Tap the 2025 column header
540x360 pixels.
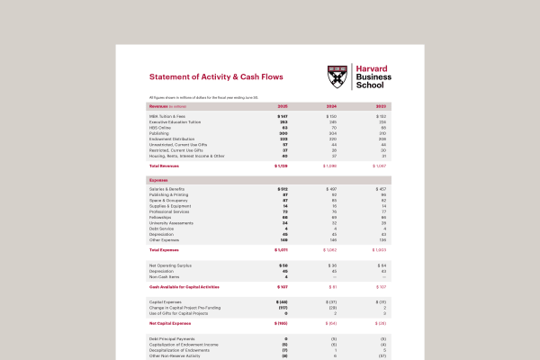(x=283, y=106)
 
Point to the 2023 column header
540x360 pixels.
(x=381, y=106)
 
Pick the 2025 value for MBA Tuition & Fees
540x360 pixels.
(x=282, y=117)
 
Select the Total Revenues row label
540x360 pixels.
(x=166, y=166)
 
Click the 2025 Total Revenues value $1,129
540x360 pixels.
(x=281, y=166)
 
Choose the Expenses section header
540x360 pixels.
(x=159, y=180)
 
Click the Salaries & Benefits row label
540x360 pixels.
(x=171, y=189)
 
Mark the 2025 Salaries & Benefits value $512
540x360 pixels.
(x=282, y=189)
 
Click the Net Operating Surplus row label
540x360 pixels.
(x=172, y=265)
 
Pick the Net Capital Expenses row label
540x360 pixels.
(x=171, y=321)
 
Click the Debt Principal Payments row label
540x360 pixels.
(x=172, y=338)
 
